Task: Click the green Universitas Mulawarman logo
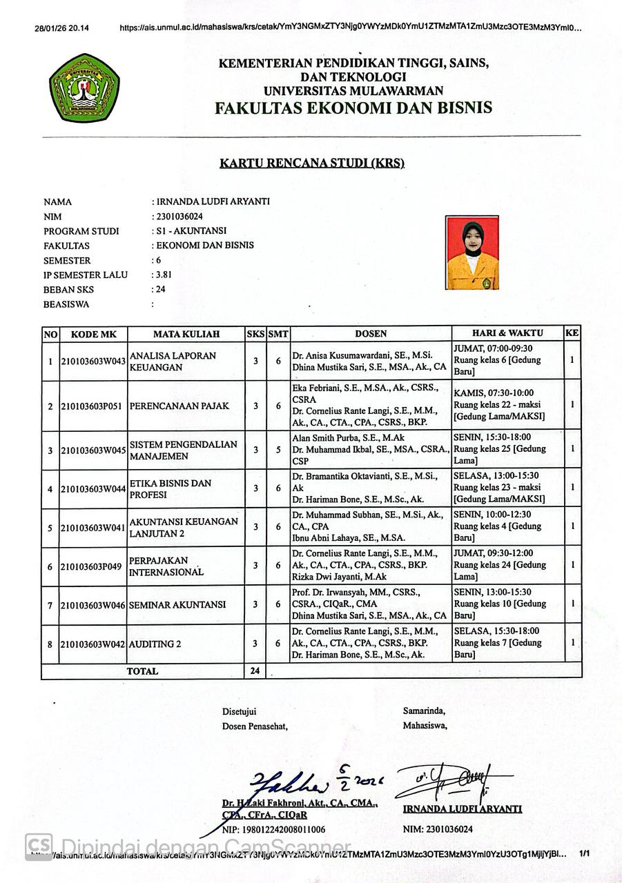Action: click(84, 88)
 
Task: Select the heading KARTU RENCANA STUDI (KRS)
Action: click(311, 163)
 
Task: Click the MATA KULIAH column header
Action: click(186, 334)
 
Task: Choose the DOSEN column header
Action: click(371, 334)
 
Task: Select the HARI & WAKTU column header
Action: click(507, 333)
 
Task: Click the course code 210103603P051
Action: click(93, 406)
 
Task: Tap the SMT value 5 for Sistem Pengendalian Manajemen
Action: click(278, 450)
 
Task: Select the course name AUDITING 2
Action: click(155, 644)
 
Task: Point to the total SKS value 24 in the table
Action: click(255, 671)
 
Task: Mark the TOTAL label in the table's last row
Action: click(142, 671)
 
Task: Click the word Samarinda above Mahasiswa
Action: click(424, 711)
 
